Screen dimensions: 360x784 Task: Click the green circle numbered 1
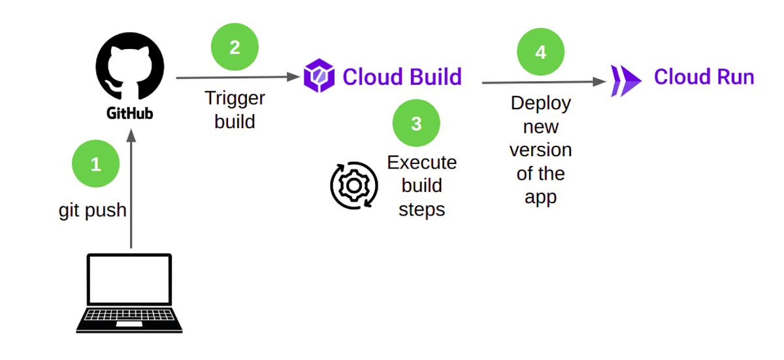[x=95, y=164]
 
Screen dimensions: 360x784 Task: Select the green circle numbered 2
[x=235, y=48]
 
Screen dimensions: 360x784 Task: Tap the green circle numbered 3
[x=416, y=123]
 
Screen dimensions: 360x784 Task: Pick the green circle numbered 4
[x=540, y=52]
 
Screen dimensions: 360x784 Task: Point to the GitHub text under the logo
[x=130, y=113]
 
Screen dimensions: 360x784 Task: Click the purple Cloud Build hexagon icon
[x=319, y=76]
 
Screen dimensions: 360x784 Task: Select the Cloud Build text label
[x=402, y=76]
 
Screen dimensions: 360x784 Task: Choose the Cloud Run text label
[x=704, y=77]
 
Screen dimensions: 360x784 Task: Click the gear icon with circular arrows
[x=353, y=186]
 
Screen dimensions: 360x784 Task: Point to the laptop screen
[x=130, y=278]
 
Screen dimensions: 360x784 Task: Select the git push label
[x=92, y=210]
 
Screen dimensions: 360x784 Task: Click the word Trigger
[x=235, y=98]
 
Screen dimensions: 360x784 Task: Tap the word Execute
[x=422, y=162]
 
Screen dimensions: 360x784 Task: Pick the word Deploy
[x=540, y=103]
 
